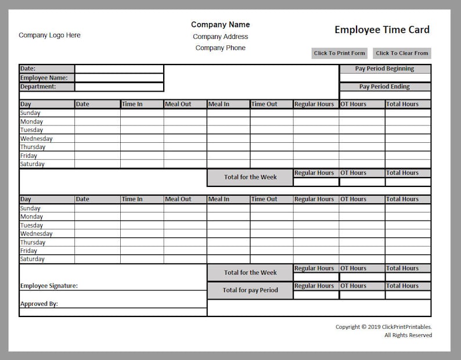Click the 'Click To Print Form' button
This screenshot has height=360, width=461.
pyautogui.click(x=340, y=53)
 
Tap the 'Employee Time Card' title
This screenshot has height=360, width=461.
pyautogui.click(x=382, y=30)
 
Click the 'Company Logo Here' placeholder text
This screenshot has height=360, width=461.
pyautogui.click(x=49, y=35)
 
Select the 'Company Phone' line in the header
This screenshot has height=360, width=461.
pyautogui.click(x=220, y=48)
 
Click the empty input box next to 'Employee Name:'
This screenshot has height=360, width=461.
pyautogui.click(x=119, y=78)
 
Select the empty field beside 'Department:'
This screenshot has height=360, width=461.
pyautogui.click(x=119, y=87)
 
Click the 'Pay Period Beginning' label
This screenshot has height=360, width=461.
pyautogui.click(x=384, y=69)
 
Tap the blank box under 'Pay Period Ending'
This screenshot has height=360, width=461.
pyautogui.click(x=385, y=95)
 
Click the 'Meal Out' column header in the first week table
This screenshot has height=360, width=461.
pyautogui.click(x=185, y=105)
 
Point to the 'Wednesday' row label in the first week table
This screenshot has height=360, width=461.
pyautogui.click(x=37, y=139)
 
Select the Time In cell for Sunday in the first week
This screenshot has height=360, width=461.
pyautogui.click(x=142, y=113)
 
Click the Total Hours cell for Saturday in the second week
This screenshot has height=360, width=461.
pyautogui.click(x=408, y=260)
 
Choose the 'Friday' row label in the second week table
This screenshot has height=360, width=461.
pyautogui.click(x=29, y=251)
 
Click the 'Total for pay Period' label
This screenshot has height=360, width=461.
pyautogui.click(x=250, y=290)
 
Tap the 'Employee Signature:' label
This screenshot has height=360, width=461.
pyautogui.click(x=49, y=286)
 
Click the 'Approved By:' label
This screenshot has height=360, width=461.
pyautogui.click(x=39, y=304)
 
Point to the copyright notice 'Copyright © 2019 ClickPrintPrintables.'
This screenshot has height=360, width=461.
pyautogui.click(x=383, y=327)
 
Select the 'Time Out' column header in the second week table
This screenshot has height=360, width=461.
pyautogui.click(x=271, y=199)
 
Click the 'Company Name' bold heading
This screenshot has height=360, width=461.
pyautogui.click(x=220, y=24)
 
